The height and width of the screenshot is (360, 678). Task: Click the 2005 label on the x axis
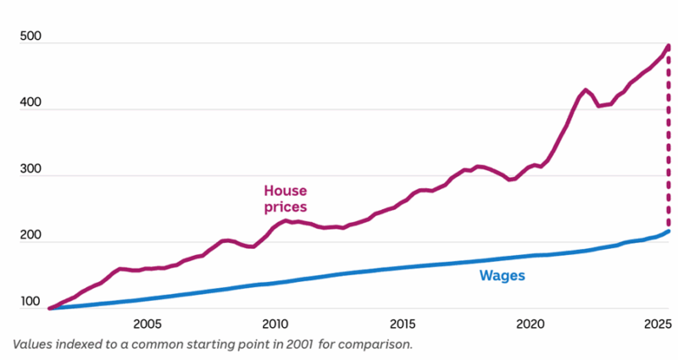(147, 324)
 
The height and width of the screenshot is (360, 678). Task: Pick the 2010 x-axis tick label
(275, 324)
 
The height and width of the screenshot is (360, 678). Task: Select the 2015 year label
(403, 324)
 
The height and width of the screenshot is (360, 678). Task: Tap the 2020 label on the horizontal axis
(531, 324)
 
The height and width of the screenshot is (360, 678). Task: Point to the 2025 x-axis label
(658, 324)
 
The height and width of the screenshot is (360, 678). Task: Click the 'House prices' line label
(284, 199)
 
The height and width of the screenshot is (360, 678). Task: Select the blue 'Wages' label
(502, 275)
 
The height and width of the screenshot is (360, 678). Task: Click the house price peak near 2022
(586, 90)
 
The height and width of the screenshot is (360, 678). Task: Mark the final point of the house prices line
(668, 47)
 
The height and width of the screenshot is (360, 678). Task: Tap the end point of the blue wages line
(668, 231)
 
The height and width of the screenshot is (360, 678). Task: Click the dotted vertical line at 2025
(668, 140)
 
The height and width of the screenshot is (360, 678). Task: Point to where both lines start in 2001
(49, 308)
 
